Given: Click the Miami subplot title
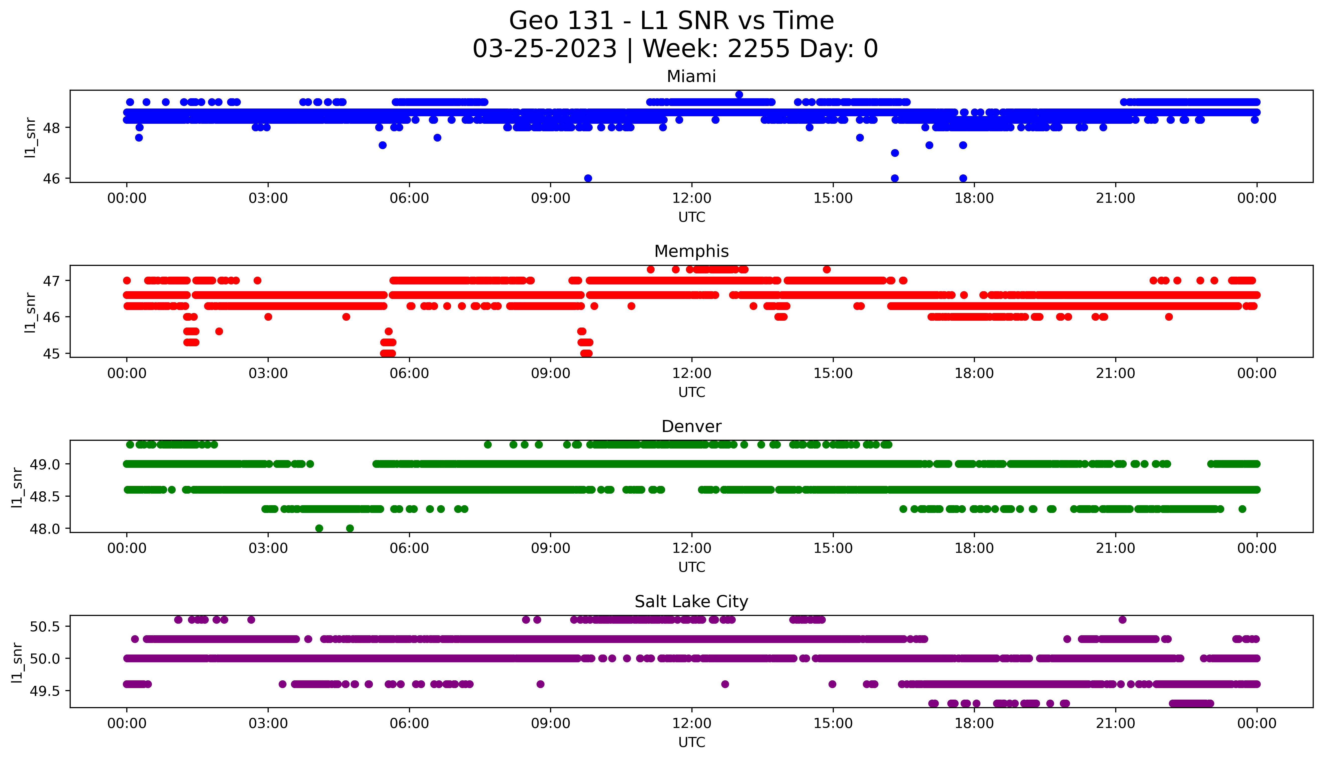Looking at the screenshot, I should coord(691,77).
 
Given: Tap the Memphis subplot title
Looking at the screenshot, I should coord(691,252).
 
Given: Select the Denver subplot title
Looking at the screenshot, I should coord(691,426).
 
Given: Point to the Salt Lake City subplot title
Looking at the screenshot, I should coord(691,602).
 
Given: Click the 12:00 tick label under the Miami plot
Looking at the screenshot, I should coord(691,198).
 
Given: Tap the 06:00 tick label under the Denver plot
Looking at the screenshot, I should coord(409,549).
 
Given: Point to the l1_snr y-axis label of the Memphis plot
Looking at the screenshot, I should coord(30,312).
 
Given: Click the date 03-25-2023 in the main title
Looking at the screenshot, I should coord(544,49).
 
